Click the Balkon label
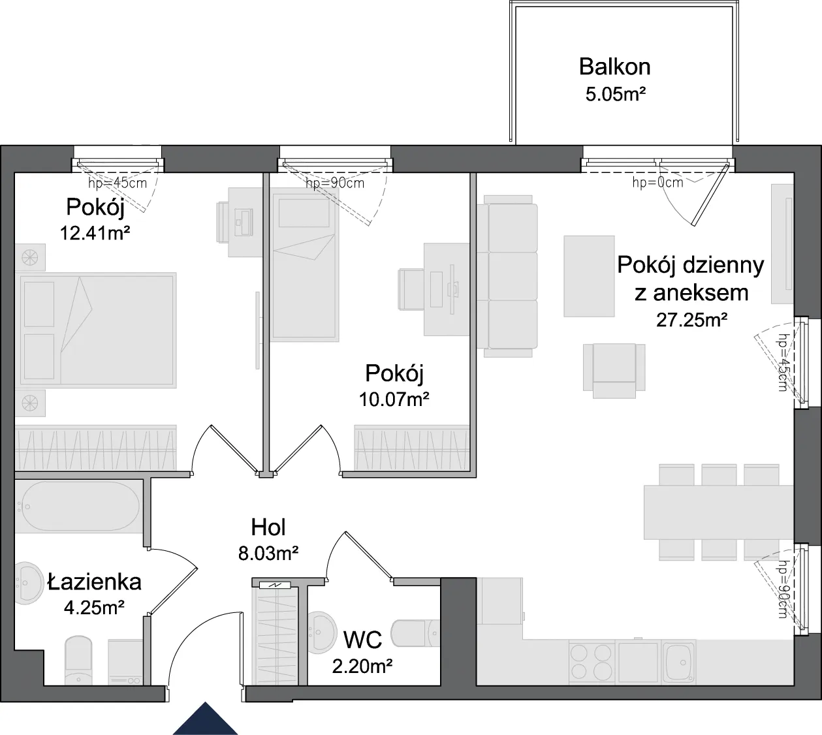614,67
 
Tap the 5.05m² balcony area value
616,95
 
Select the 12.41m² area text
95,233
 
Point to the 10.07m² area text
394,399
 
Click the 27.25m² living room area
692,320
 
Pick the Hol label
268,527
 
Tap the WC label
363,640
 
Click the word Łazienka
95,582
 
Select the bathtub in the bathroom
79,507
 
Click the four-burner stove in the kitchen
592,662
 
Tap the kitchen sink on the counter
679,662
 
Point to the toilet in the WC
415,633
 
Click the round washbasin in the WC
322,633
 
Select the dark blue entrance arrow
205,719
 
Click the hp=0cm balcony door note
657,183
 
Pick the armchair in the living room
614,371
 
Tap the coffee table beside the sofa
589,276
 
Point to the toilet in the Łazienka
78,660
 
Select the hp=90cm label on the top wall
335,183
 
